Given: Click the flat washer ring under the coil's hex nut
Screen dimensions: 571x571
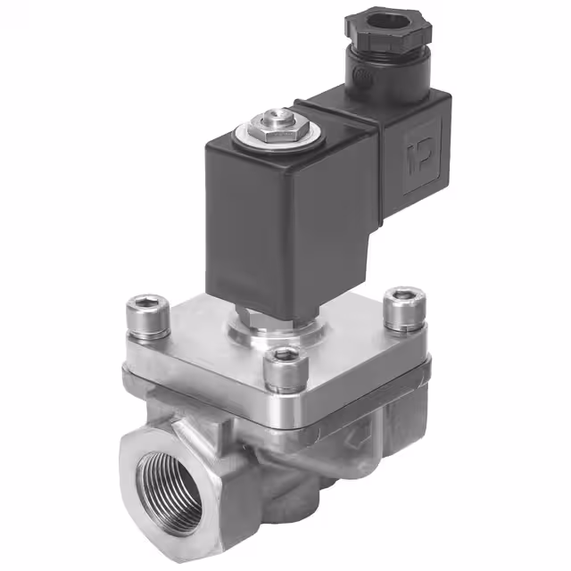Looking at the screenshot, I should pos(260,138).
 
